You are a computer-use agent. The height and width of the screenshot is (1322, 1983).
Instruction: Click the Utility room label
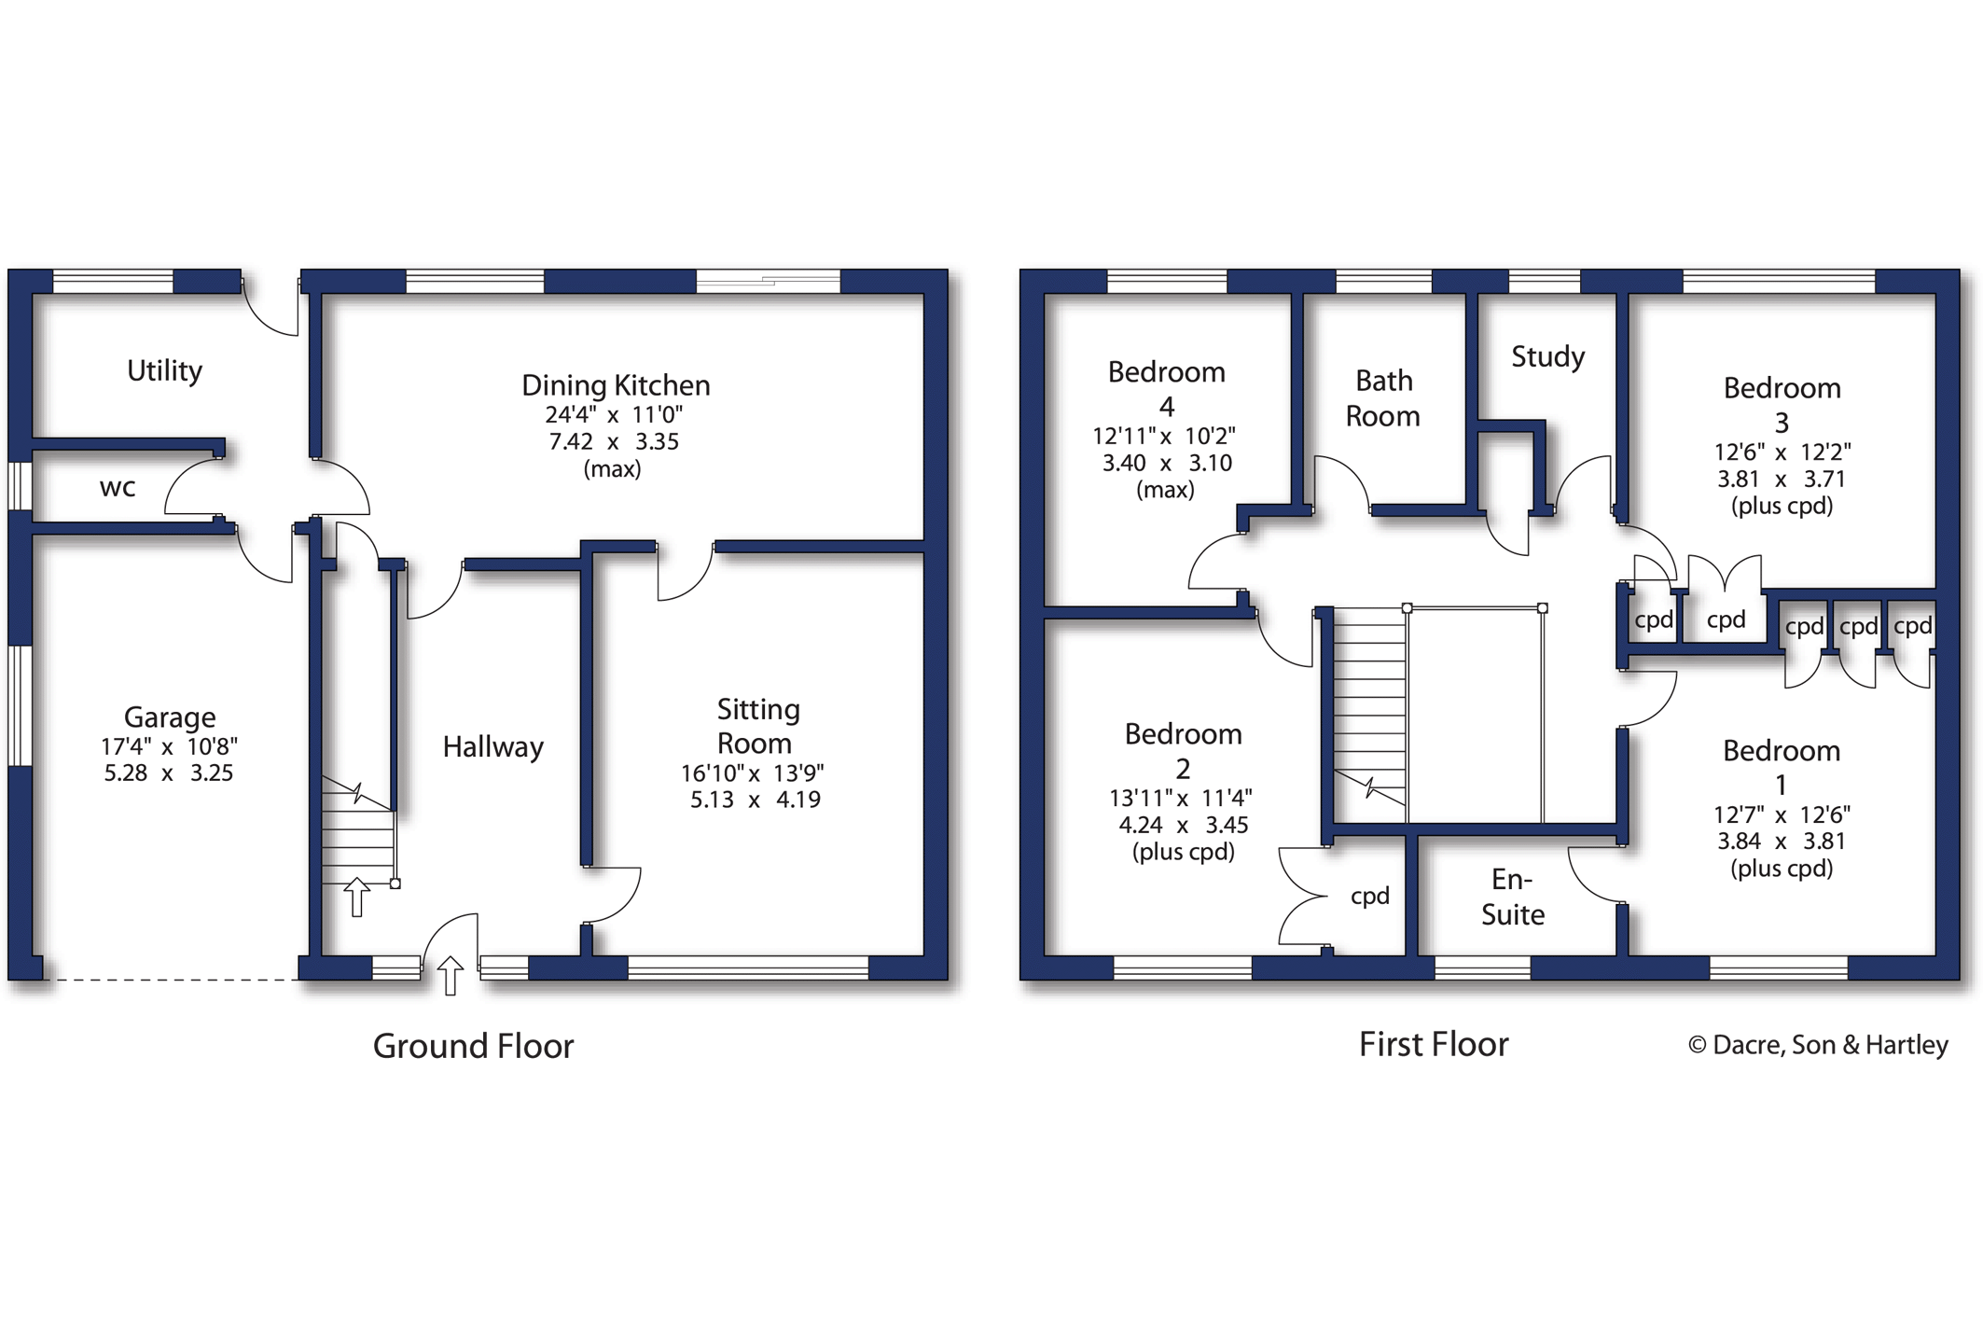[x=164, y=370]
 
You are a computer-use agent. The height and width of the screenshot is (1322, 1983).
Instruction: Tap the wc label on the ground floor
[x=118, y=487]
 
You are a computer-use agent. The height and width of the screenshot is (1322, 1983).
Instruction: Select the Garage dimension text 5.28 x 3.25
[x=169, y=772]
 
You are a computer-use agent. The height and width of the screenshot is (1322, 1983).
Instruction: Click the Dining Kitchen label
[x=616, y=384]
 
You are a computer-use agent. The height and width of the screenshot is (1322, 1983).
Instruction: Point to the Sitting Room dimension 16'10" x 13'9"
[x=752, y=772]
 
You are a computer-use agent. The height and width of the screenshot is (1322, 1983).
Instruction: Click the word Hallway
[x=492, y=746]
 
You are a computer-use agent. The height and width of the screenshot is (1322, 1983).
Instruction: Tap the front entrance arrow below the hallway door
[x=451, y=976]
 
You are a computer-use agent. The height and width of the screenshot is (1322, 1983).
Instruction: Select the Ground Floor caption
[x=473, y=1046]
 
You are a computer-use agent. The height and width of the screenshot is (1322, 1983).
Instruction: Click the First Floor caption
[x=1433, y=1044]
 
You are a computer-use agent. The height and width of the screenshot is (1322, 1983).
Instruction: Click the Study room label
[x=1547, y=356]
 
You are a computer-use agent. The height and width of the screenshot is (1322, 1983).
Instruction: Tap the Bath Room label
[x=1383, y=398]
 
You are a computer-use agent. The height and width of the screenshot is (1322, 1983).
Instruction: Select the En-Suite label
[x=1512, y=897]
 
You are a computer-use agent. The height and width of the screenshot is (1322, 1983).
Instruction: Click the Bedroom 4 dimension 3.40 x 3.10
[x=1167, y=463]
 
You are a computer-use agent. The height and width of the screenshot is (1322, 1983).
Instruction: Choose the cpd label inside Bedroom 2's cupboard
[x=1369, y=896]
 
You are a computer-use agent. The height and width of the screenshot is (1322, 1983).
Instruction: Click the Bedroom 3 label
[x=1782, y=404]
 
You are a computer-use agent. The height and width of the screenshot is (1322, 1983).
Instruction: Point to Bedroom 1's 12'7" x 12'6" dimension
[x=1782, y=814]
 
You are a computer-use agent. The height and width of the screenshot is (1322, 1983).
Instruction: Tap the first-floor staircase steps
[x=1368, y=709]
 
